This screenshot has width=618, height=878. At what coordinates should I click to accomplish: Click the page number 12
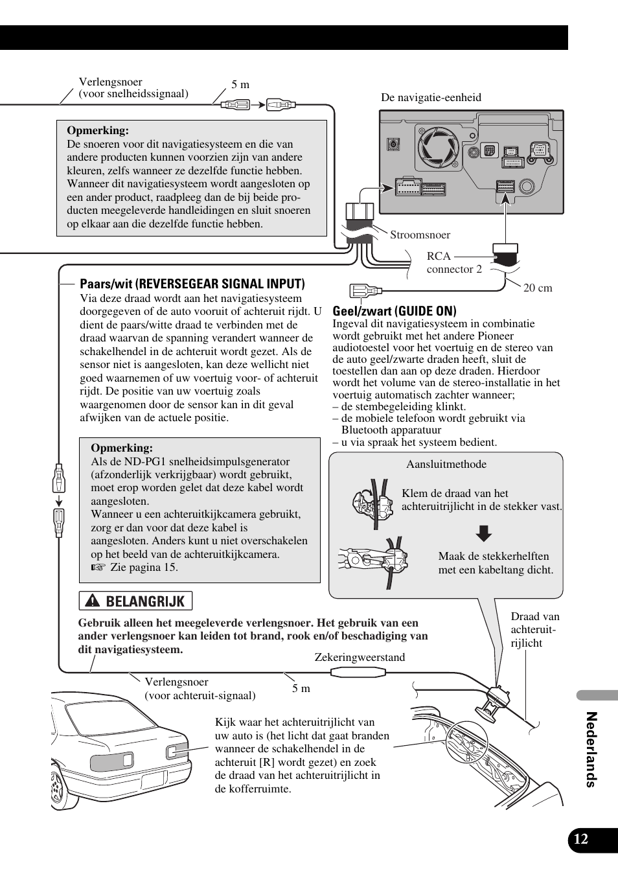point(581,839)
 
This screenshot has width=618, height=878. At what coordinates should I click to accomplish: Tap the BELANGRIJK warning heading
point(144,601)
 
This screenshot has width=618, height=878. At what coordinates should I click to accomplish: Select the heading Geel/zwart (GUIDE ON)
point(395,311)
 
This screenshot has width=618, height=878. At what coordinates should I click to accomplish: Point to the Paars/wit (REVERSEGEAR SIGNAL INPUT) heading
point(192,284)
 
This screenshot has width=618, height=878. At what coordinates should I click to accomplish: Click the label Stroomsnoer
point(420,235)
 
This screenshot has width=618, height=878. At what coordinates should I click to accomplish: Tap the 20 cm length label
point(538,288)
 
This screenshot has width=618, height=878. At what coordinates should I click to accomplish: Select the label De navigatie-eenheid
point(431,98)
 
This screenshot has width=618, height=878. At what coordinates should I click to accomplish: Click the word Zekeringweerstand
point(360,657)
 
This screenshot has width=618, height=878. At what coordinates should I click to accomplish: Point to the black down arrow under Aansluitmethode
point(484,533)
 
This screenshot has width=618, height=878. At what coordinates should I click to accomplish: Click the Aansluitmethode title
point(446,465)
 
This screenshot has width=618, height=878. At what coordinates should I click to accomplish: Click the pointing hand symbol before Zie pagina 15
point(98,568)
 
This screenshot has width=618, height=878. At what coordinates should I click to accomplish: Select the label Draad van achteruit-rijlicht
point(534,629)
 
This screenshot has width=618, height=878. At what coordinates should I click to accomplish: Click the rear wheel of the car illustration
point(58,791)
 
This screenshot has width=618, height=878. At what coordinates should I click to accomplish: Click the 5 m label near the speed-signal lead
point(240,85)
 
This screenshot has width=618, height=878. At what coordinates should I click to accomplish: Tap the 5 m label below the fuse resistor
point(301,688)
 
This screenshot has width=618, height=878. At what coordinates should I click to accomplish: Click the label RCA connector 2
point(454,262)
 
